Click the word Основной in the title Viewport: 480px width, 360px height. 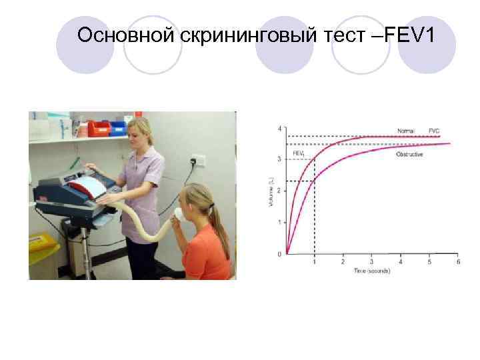[x=125, y=35]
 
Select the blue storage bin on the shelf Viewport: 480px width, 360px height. [x=119, y=128]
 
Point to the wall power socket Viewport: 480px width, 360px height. [x=198, y=161]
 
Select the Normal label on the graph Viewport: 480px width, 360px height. [x=405, y=130]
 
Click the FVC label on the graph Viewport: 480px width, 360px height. [x=433, y=130]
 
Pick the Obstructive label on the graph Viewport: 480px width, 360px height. [x=409, y=154]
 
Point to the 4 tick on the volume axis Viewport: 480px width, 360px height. [x=279, y=128]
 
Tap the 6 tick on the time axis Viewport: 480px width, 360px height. [x=457, y=262]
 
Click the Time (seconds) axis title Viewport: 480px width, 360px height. [x=371, y=271]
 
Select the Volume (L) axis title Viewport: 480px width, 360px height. [x=271, y=191]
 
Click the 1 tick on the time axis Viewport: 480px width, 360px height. [x=315, y=262]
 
